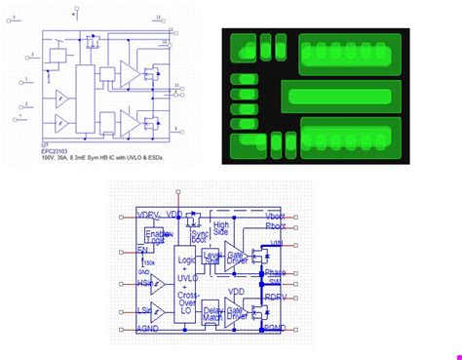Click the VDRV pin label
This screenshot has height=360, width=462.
coord(148,214)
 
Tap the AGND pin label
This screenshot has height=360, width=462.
coord(148,330)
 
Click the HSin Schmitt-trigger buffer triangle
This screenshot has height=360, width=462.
coord(157,284)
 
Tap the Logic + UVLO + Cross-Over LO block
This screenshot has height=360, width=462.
coord(185,278)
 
